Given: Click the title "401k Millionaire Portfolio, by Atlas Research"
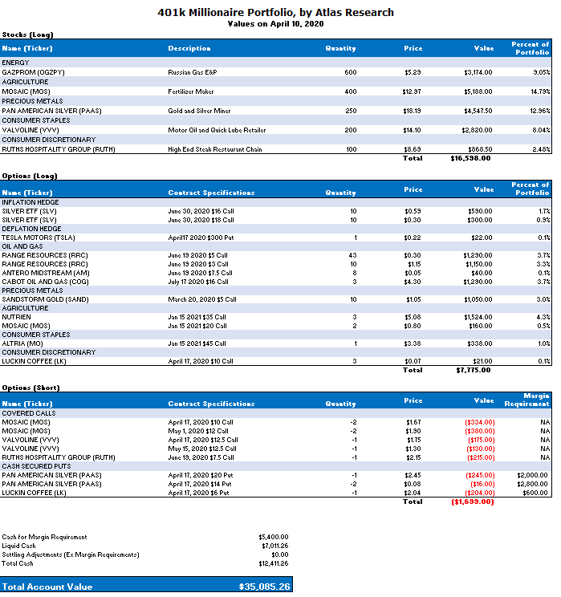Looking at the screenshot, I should click(x=279, y=13).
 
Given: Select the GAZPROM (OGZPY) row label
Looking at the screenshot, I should click(x=35, y=72).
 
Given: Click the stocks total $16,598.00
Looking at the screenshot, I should click(x=470, y=158).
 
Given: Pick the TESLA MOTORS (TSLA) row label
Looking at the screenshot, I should click(x=38, y=238).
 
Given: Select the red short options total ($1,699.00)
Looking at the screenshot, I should click(x=472, y=502).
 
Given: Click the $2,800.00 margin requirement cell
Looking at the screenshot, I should click(x=534, y=484).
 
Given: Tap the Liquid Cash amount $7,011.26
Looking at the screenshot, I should click(x=273, y=546).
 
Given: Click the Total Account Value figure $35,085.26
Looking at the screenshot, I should click(x=265, y=587).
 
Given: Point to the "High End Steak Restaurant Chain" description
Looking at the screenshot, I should click(x=216, y=149).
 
